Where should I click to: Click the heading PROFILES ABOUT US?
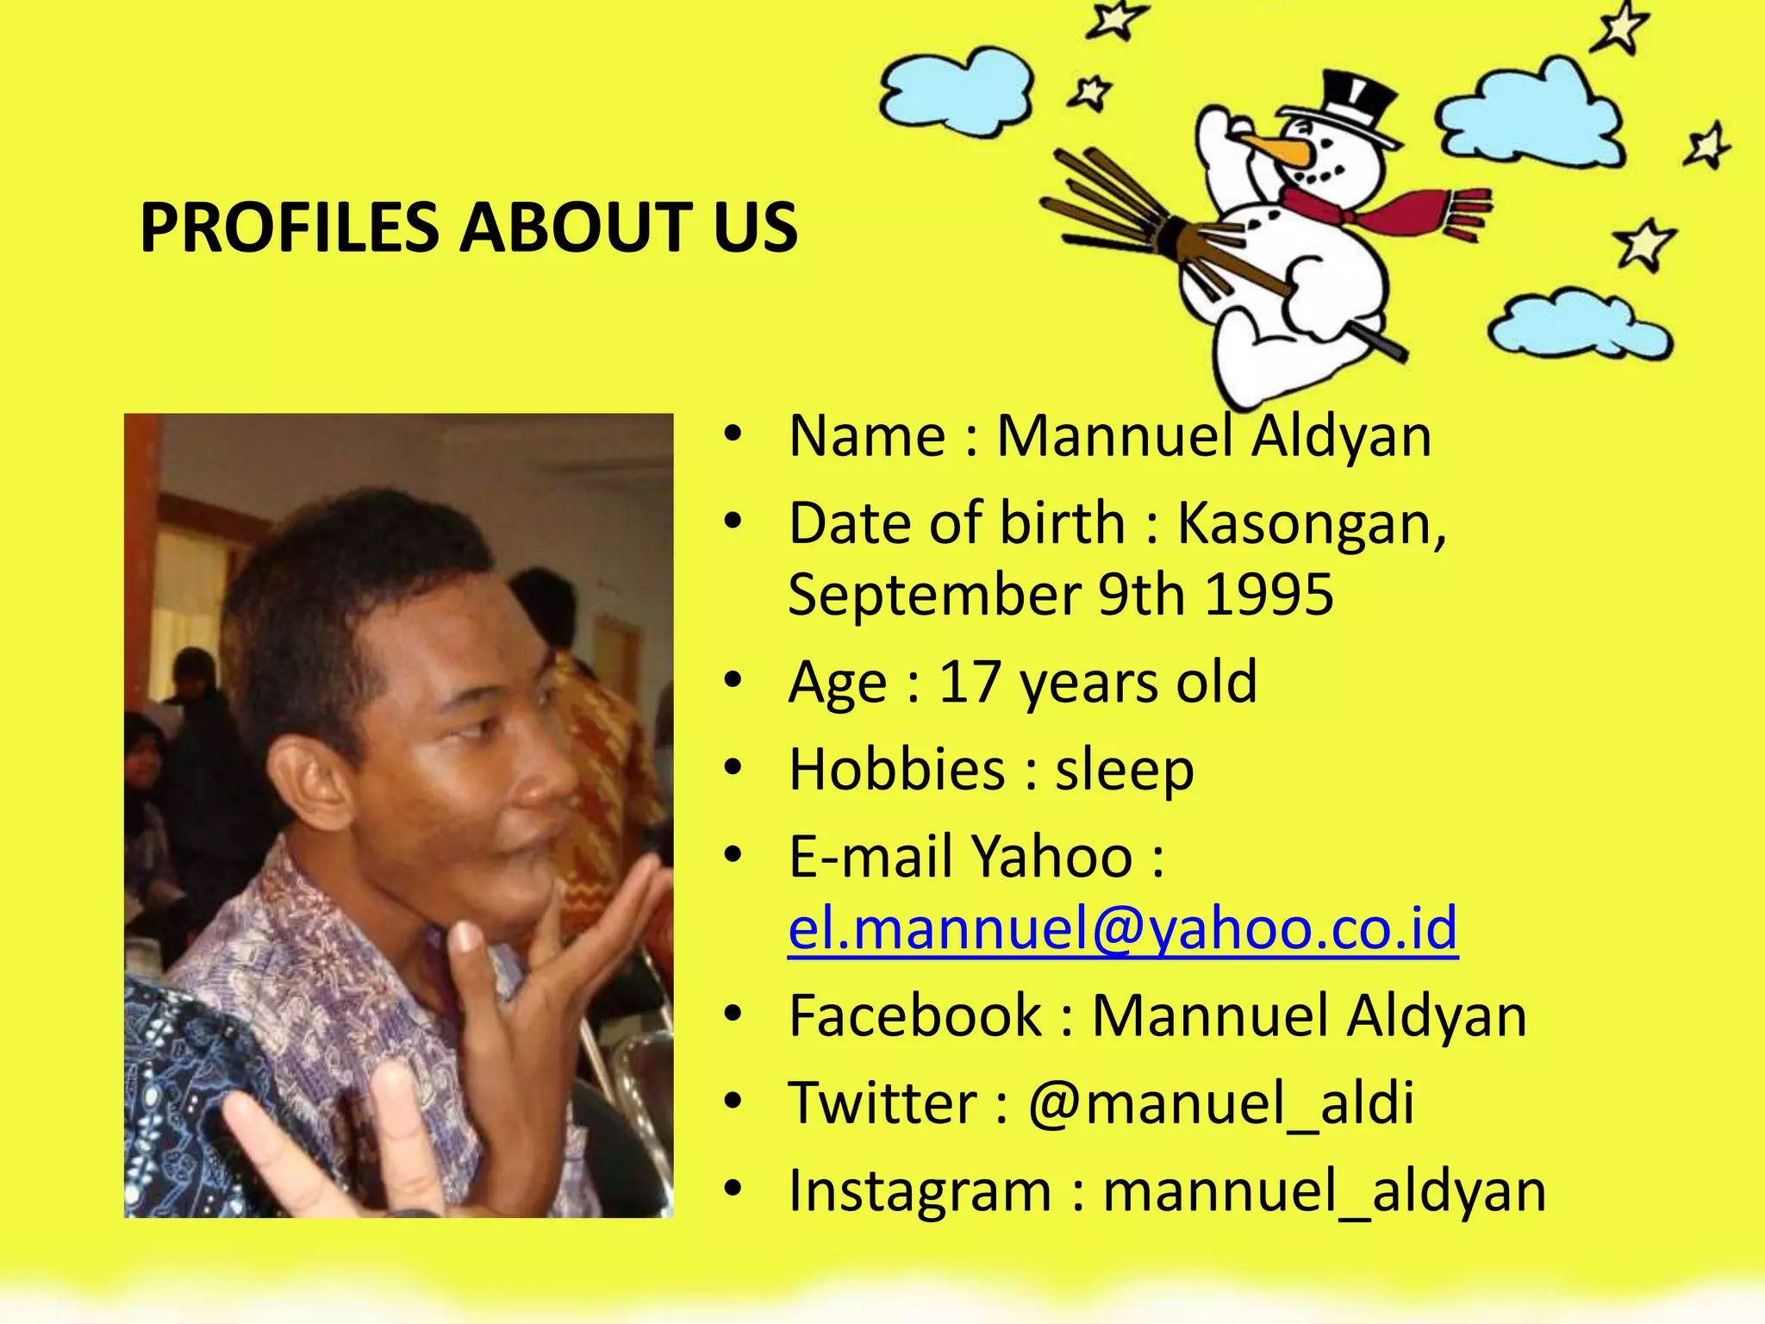[x=469, y=228]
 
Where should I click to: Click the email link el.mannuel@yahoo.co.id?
[x=1122, y=927]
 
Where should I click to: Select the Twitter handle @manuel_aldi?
[x=1220, y=1102]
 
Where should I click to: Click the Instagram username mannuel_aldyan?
[x=1324, y=1190]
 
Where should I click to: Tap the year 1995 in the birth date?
[x=1269, y=595]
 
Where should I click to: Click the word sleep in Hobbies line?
[x=1124, y=769]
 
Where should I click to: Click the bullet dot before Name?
[x=733, y=435]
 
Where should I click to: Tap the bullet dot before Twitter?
[x=733, y=1102]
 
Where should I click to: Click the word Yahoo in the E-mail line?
[x=1051, y=857]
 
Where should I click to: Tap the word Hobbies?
[x=896, y=769]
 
